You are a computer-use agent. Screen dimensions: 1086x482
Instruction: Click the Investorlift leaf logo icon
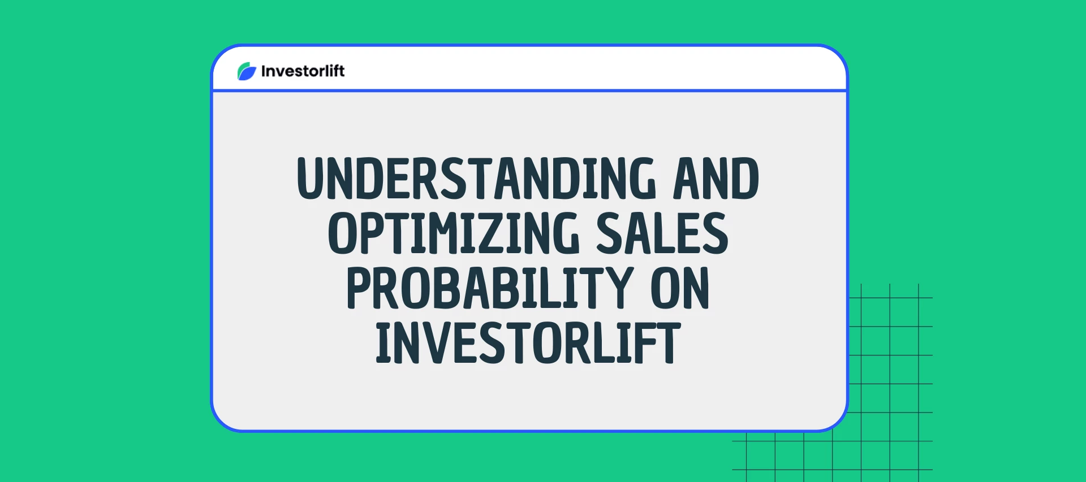[247, 71]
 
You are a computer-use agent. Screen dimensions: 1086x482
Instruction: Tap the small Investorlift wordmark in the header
[303, 71]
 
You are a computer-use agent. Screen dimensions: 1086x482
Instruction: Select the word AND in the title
[716, 179]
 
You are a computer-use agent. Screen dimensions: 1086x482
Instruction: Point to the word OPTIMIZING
[454, 233]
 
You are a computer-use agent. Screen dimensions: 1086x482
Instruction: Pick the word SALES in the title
[662, 233]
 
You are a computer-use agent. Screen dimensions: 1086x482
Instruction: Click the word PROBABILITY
[490, 288]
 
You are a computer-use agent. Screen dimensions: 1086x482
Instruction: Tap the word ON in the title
[680, 288]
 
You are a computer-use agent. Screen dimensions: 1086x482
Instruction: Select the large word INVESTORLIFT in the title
[528, 342]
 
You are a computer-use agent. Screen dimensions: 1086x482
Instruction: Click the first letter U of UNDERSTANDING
[312, 179]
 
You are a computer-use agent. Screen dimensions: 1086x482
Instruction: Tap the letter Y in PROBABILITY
[618, 288]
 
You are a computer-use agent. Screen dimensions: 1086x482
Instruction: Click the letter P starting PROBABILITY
[360, 288]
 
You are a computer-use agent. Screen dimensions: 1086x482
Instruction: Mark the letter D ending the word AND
[744, 179]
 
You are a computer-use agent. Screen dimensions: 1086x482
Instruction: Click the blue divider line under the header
[529, 90]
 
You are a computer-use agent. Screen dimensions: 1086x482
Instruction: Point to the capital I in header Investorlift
[263, 71]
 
